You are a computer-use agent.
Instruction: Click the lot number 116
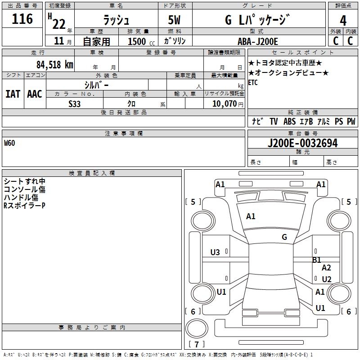22,19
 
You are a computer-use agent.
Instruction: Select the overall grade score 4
343,20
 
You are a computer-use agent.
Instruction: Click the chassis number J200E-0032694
302,144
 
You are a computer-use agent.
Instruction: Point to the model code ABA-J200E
258,41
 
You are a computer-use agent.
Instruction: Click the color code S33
75,103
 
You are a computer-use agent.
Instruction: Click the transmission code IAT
13,94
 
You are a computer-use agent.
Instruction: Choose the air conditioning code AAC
35,94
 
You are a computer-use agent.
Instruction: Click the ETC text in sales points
253,83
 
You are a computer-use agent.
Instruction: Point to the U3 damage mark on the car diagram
215,252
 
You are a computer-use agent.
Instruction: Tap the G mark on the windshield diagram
284,237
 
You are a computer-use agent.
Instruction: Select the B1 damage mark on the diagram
317,260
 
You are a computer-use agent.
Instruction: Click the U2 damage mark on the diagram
327,279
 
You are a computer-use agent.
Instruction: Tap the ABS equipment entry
289,121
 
